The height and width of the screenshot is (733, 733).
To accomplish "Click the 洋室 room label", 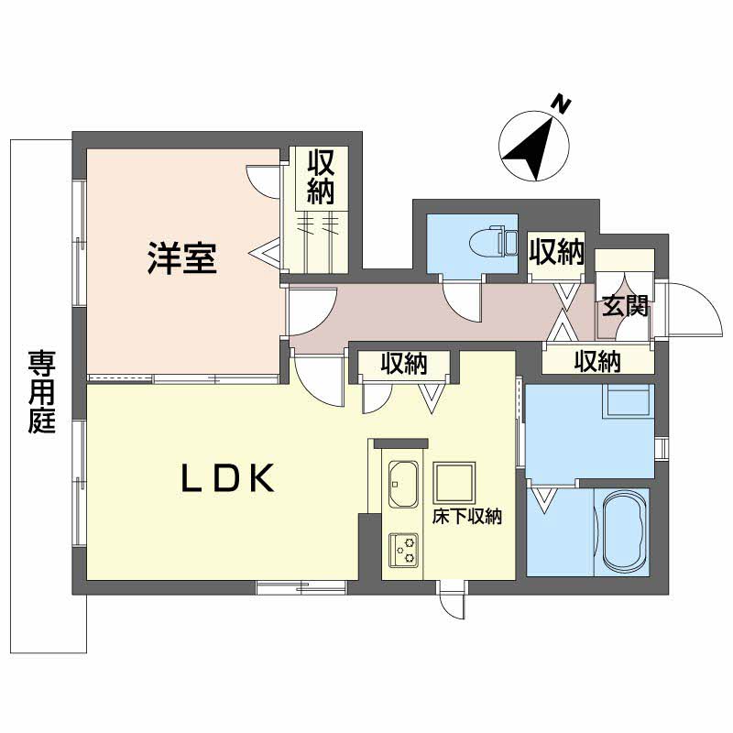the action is click(x=181, y=257).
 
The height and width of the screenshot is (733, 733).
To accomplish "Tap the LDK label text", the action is click(x=227, y=477).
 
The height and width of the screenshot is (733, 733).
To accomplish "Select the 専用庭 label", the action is click(x=41, y=392).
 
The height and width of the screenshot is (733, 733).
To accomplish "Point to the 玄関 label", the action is click(x=625, y=306).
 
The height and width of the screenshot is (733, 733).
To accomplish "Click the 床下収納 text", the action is click(x=467, y=516).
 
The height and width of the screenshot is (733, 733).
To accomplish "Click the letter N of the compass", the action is click(x=562, y=104).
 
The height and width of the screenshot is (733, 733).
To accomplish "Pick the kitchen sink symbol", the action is click(x=403, y=485).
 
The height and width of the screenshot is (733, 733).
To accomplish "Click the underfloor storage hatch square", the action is click(x=454, y=483).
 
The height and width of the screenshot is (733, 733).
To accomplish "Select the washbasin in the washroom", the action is click(x=628, y=400).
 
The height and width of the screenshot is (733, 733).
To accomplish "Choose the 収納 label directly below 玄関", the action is click(x=597, y=361).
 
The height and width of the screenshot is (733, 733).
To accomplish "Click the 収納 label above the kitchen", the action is click(x=403, y=362).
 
